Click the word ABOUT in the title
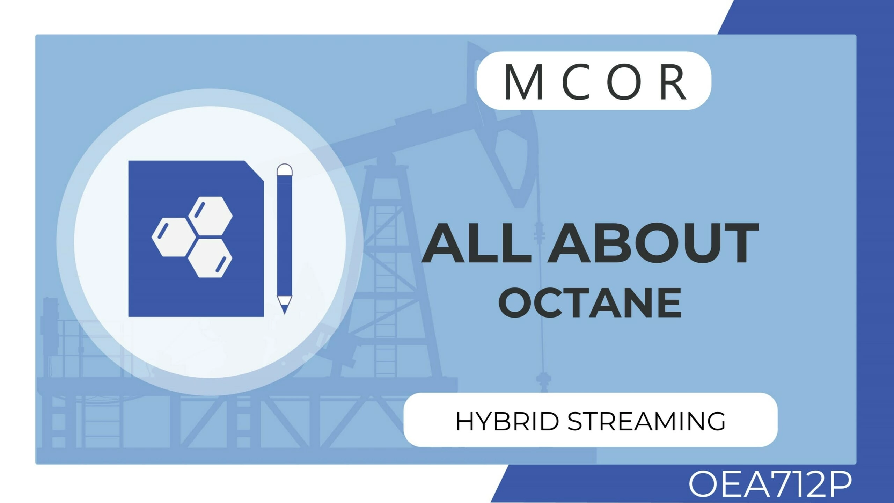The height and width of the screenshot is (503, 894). tap(653, 243)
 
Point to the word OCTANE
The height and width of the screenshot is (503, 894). tap(590, 302)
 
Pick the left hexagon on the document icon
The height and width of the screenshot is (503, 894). tap(172, 237)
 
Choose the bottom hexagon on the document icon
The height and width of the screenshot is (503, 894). tap(211, 258)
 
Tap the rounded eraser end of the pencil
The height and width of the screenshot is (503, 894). tap(284, 169)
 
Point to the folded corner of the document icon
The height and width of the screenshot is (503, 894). tap(254, 171)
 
